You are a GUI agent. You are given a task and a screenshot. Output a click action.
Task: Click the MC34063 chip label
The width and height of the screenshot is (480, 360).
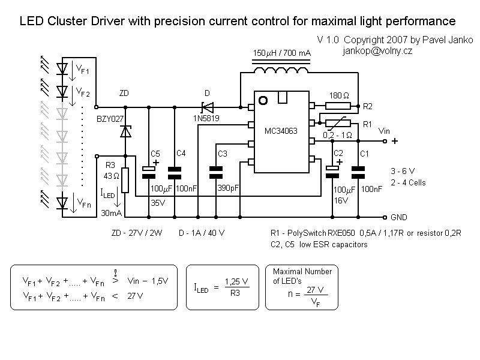(281, 131)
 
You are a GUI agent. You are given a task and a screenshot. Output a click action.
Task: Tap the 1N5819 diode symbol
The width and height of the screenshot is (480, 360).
(208, 107)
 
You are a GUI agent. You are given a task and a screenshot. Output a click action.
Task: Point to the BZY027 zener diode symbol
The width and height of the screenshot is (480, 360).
(125, 131)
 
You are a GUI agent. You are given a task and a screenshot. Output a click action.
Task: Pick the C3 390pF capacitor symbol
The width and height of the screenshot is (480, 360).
(216, 172)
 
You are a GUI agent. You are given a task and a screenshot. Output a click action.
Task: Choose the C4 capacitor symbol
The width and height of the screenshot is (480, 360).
(175, 172)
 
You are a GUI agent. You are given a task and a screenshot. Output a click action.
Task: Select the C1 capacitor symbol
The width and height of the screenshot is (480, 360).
(358, 172)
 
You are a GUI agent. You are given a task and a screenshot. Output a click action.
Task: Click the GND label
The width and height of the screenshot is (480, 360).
(399, 217)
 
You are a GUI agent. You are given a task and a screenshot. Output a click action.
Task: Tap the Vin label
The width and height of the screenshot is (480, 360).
(385, 130)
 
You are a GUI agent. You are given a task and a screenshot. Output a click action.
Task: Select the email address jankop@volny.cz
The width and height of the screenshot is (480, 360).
(377, 51)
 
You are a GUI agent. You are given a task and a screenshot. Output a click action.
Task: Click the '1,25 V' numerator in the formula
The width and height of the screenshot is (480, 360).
(236, 281)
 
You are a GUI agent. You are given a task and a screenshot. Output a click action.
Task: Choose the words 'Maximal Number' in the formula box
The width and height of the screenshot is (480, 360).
(302, 272)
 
